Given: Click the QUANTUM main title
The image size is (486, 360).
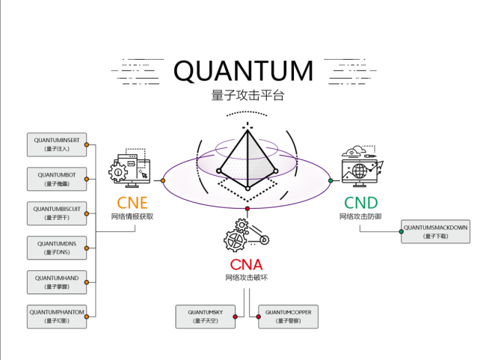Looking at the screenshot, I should [243, 70].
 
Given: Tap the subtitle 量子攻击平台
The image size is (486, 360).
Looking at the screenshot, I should [243, 96].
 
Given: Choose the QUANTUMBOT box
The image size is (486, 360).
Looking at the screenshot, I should [57, 179].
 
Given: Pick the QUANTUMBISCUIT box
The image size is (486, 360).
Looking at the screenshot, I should [57, 213].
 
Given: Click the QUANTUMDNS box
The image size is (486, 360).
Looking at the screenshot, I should [57, 248].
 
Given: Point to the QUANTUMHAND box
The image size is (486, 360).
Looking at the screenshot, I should [57, 282].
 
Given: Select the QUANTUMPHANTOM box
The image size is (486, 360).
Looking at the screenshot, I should [57, 316].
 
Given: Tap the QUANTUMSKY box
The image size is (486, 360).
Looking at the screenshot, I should [205, 316].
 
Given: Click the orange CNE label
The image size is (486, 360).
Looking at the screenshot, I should [132, 202].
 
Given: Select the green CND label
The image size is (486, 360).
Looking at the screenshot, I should [360, 202].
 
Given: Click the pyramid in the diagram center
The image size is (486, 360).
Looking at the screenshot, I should [247, 161].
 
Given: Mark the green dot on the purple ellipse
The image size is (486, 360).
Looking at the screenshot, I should [330, 180].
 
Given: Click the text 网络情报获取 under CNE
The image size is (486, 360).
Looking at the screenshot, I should [132, 216].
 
